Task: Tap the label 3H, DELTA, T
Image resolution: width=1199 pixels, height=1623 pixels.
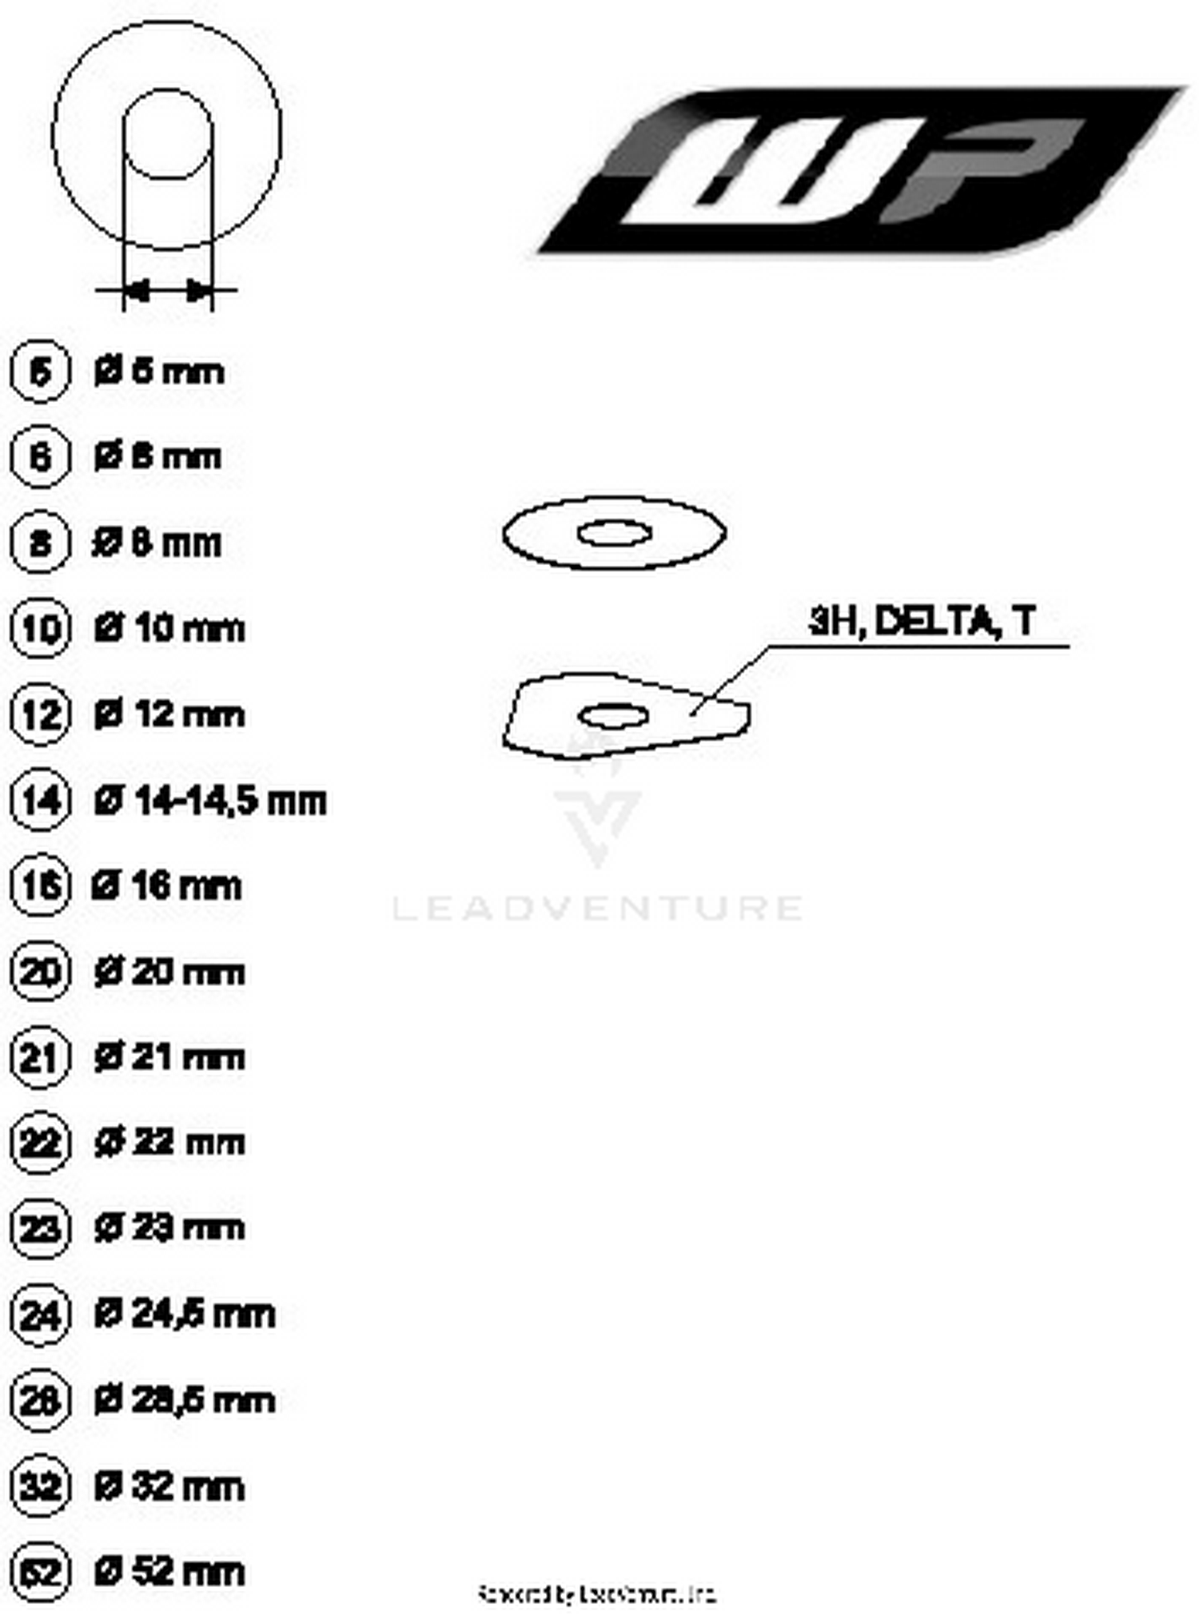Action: (x=922, y=621)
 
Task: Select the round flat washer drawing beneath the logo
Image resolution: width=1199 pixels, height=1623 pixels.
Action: (x=614, y=533)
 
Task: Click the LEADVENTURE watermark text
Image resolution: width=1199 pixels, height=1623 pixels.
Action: (x=597, y=908)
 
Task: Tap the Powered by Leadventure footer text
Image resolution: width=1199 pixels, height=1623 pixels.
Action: (x=596, y=1594)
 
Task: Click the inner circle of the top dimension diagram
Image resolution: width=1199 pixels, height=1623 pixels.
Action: (x=167, y=133)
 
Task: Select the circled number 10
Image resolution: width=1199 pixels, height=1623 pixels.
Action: (x=40, y=628)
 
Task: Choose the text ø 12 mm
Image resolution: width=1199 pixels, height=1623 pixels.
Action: (x=169, y=714)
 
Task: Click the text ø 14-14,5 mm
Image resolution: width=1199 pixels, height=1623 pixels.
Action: (x=209, y=801)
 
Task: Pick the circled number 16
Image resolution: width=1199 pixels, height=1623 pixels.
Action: (x=40, y=886)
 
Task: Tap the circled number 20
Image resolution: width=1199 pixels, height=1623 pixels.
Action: (x=40, y=973)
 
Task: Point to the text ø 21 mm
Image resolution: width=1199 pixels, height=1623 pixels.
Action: (x=169, y=1058)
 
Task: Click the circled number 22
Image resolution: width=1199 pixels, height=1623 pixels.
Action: (x=40, y=1144)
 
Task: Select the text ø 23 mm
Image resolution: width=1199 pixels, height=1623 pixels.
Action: (x=169, y=1228)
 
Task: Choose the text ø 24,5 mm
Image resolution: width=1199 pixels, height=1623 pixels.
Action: (x=184, y=1315)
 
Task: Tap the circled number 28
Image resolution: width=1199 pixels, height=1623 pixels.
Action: (x=40, y=1400)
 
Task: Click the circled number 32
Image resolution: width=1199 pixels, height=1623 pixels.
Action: (x=40, y=1486)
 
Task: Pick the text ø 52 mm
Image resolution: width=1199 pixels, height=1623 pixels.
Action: (x=169, y=1571)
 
